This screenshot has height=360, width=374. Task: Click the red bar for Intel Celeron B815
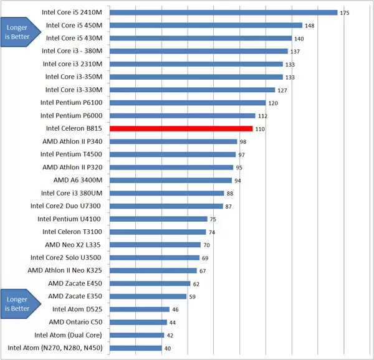181,129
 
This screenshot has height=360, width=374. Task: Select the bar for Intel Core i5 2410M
223,12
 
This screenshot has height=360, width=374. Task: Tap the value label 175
345,12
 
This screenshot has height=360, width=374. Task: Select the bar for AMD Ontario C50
138,322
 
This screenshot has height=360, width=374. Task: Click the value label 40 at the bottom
167,348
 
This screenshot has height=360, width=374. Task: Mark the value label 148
309,26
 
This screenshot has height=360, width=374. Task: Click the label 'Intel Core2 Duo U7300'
70,206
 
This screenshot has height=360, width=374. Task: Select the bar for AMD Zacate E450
150,283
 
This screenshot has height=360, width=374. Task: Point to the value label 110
260,129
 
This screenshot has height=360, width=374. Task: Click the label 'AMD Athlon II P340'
72,141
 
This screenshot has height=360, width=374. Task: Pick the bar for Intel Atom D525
140,309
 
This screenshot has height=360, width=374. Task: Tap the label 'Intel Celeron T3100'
73,232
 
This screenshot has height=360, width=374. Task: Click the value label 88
230,194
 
